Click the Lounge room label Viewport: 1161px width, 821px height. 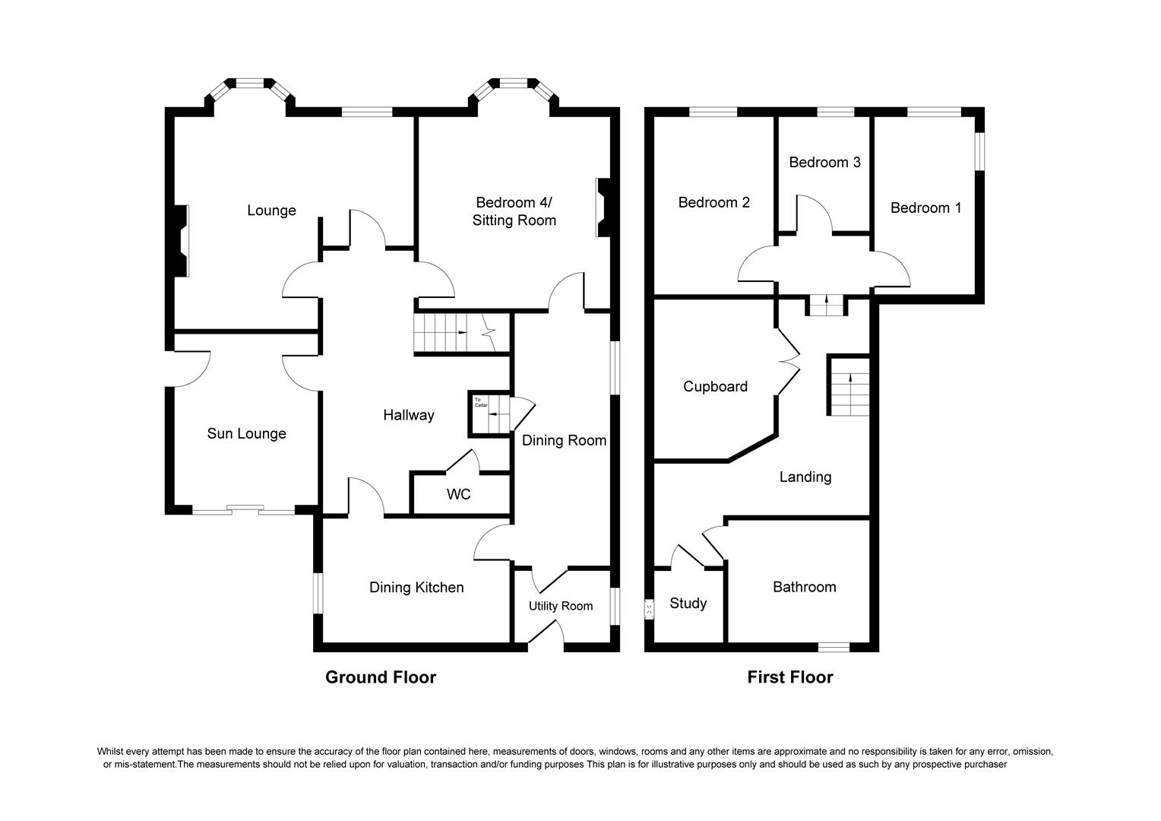pyautogui.click(x=271, y=211)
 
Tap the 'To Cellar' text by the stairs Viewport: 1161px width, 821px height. pyautogui.click(x=479, y=402)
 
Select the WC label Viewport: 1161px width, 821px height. pyautogui.click(x=458, y=495)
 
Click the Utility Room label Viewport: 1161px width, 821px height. pyautogui.click(x=560, y=606)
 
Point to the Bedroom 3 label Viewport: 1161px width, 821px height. pyautogui.click(x=824, y=163)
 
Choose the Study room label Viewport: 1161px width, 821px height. pyautogui.click(x=688, y=604)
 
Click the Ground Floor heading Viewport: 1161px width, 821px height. pyautogui.click(x=380, y=677)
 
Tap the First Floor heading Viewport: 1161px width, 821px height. pyautogui.click(x=789, y=677)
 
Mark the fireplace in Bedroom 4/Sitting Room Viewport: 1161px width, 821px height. pyautogui.click(x=602, y=208)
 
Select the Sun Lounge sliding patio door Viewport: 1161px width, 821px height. pyautogui.click(x=243, y=510)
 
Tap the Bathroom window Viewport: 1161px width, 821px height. pyautogui.click(x=834, y=647)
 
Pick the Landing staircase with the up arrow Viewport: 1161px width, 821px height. pyautogui.click(x=849, y=386)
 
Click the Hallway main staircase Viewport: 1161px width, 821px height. pyautogui.click(x=452, y=333)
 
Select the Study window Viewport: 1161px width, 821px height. pyautogui.click(x=649, y=609)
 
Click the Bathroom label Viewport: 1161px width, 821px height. pyautogui.click(x=804, y=588)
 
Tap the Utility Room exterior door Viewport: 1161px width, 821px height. pyautogui.click(x=545, y=636)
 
